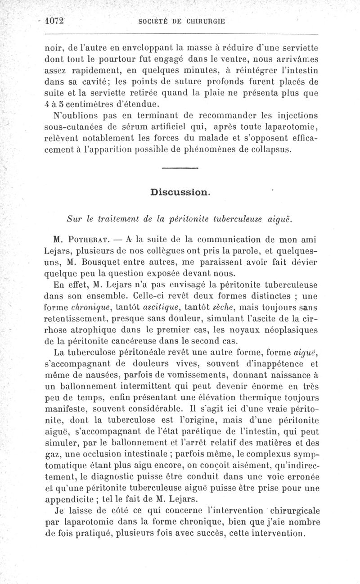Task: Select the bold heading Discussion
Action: (180, 192)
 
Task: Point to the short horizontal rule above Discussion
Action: (180, 168)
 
